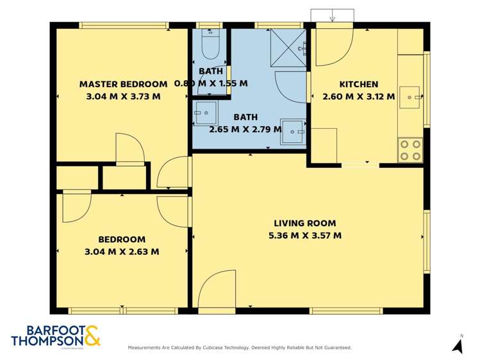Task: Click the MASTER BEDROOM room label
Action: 123,84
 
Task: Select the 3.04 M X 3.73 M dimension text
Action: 122,97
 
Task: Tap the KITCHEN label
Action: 358,84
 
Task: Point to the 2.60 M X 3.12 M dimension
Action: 358,97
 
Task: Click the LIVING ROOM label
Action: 304,224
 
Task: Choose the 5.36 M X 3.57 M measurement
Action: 304,236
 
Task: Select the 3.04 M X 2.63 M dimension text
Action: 121,252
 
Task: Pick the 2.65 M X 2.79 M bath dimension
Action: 245,129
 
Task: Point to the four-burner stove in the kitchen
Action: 410,149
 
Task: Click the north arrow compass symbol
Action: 458,345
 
